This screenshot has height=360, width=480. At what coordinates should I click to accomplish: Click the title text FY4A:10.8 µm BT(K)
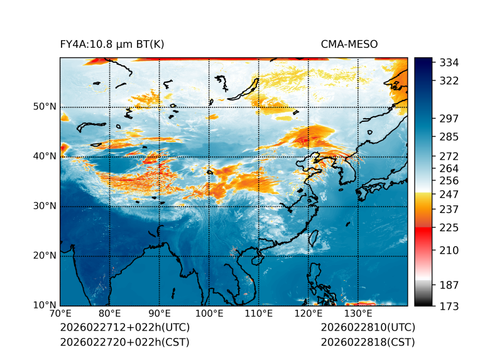point(112,44)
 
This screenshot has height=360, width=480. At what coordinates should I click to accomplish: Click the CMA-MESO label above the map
point(349,44)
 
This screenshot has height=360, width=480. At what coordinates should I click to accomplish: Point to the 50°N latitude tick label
point(45,107)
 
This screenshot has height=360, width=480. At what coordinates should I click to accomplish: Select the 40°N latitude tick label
point(45,156)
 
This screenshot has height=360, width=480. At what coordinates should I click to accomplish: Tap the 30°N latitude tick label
point(45,206)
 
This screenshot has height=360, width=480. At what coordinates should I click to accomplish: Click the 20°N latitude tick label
point(45,256)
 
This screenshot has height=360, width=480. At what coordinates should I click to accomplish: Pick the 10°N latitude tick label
point(45,306)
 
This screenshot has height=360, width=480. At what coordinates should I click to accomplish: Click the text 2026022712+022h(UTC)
point(124,328)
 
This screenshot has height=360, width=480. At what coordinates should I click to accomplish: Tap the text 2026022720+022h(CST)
point(124,342)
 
